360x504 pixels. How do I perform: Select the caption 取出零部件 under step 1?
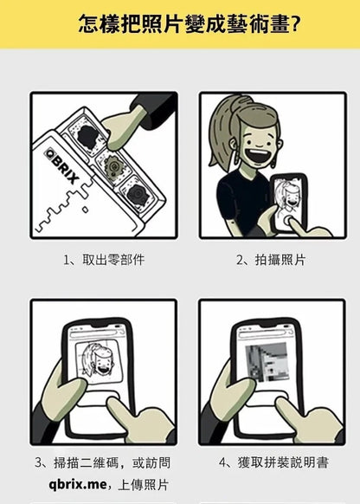tap(103, 260)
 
